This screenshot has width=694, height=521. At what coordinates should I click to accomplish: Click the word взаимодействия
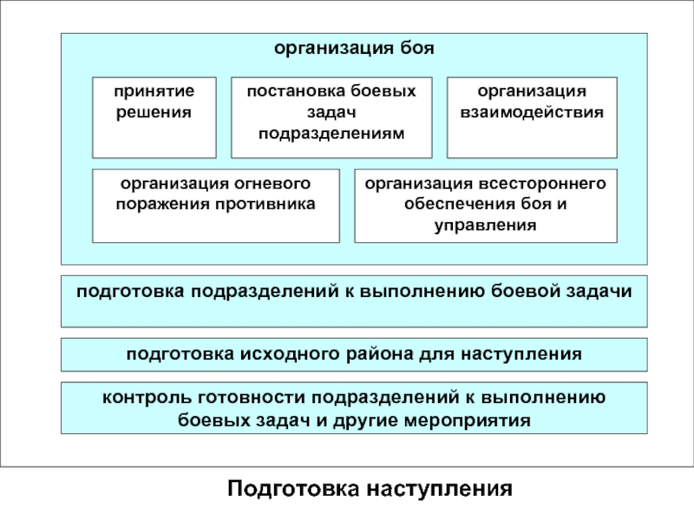pyautogui.click(x=531, y=112)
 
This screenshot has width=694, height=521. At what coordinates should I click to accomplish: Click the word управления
pyautogui.click(x=485, y=225)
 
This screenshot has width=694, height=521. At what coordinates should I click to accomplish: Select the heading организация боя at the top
pyautogui.click(x=354, y=49)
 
